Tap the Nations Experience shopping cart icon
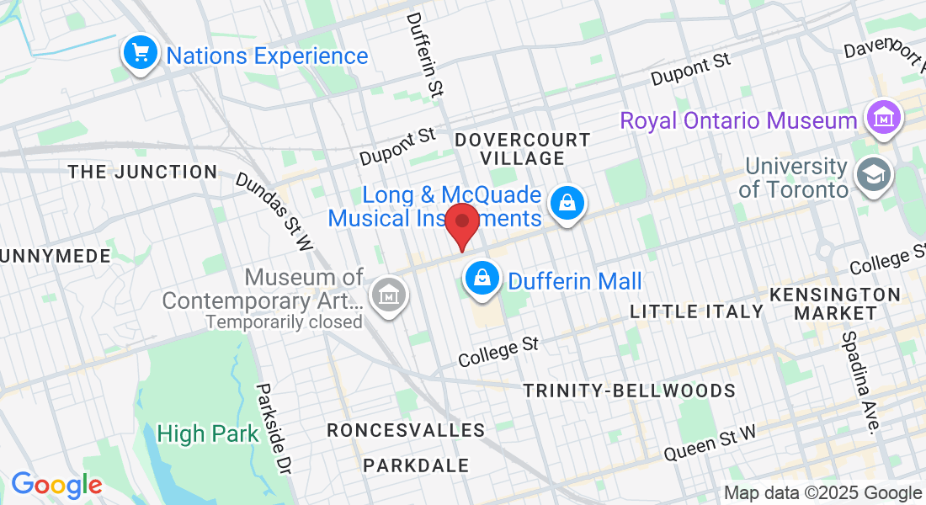(x=141, y=54)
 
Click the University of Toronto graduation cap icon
(x=871, y=175)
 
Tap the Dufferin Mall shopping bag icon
(x=482, y=279)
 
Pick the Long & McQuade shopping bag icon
(x=567, y=204)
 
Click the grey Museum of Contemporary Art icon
(x=389, y=295)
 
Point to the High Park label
(x=207, y=434)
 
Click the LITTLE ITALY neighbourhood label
(x=697, y=311)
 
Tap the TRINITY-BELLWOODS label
(x=629, y=391)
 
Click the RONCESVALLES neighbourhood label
(x=406, y=430)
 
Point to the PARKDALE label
(x=416, y=465)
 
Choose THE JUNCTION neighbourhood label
(x=142, y=172)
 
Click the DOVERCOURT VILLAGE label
(x=522, y=148)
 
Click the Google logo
(x=56, y=485)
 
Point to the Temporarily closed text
(x=284, y=322)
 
